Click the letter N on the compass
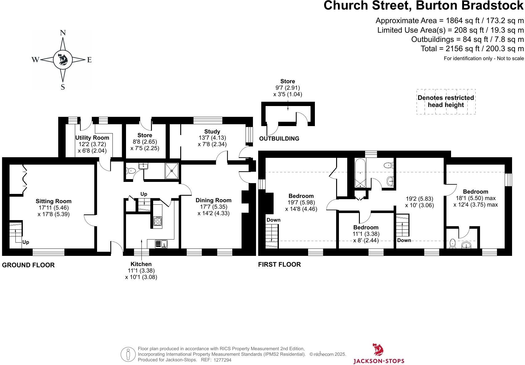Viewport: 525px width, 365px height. (63, 33)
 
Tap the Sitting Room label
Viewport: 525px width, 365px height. (54, 201)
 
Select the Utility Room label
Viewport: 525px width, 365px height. (92, 138)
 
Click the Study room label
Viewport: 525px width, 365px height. (212, 132)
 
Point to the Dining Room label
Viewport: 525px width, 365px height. (214, 200)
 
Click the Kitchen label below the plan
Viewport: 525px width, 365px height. (141, 264)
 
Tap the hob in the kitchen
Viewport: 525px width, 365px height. (158, 221)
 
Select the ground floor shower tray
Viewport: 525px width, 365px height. (172, 171)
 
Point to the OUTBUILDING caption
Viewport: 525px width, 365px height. (279, 139)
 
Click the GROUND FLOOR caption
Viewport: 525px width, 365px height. (28, 265)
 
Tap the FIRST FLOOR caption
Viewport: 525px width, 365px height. (279, 265)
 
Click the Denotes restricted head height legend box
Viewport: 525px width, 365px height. (446, 101)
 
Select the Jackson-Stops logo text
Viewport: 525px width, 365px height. (379, 361)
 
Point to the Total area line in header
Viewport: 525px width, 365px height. (472, 49)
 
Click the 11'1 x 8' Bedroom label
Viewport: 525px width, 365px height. (366, 228)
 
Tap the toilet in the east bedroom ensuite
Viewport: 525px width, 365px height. (453, 244)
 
